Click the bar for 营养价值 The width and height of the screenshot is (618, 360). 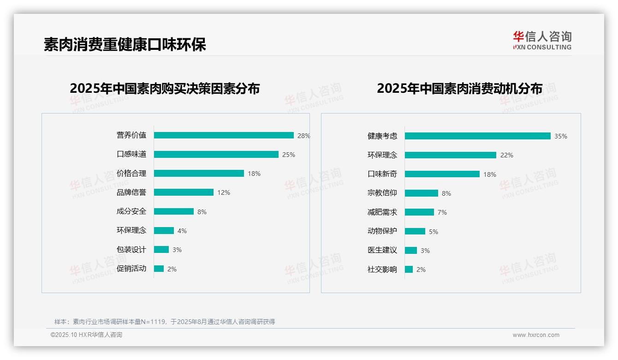pos(224,135)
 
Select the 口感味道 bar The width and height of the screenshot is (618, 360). pos(216,154)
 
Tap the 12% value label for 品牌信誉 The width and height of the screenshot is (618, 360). pos(224,192)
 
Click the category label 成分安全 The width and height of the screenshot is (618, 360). pos(131,211)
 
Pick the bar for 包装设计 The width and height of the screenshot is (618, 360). pos(161,250)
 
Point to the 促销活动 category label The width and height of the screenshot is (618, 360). pos(131,269)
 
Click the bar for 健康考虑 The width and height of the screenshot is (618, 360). pos(477,136)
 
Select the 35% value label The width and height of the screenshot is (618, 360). pos(561,136)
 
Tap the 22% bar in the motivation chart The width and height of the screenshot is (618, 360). pos(450,155)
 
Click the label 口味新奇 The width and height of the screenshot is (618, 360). pos(382,174)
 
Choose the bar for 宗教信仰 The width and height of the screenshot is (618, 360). pos(421,193)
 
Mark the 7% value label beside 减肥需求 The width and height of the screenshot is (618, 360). pos(442,212)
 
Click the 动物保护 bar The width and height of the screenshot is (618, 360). pos(415,231)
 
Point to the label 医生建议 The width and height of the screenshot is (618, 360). pos(382,250)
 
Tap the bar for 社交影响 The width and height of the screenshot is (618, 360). pos(409,270)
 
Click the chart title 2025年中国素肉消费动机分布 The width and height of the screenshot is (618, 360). pos(459,88)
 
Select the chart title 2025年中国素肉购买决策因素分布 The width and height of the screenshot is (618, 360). pos(165,88)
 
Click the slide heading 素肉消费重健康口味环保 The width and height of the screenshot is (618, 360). pos(125,44)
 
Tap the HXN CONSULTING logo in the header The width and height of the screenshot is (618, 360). pos(542,40)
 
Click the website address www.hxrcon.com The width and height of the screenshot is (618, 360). pos(536,335)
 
